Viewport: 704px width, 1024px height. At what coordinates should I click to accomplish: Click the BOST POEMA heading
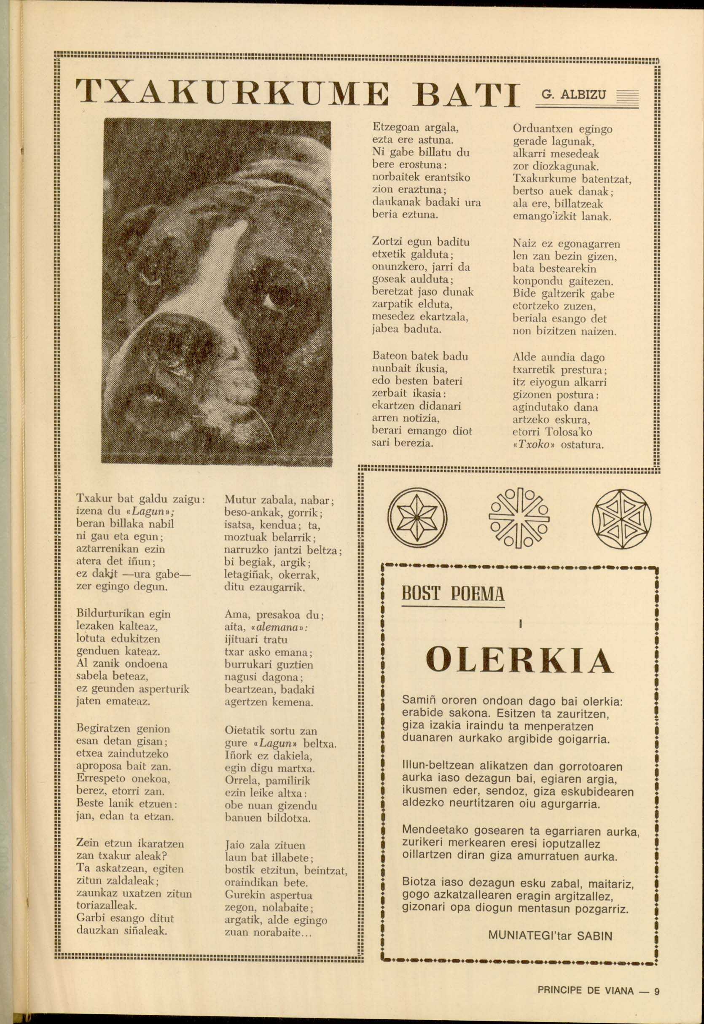coord(453,594)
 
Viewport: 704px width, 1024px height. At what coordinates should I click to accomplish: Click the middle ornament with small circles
coord(519,518)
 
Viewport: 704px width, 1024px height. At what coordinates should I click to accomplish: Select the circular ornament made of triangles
coord(621,519)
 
